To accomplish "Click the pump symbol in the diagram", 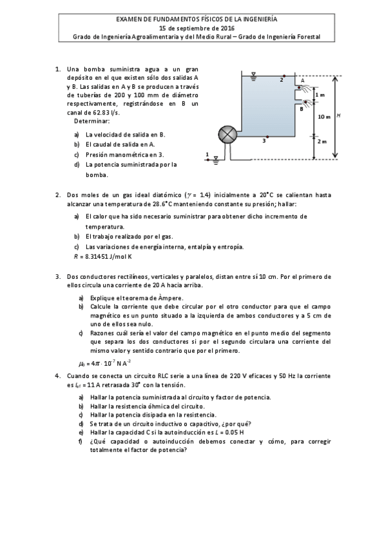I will (227, 134).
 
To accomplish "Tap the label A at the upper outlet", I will (302, 80).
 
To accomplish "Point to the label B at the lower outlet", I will (301, 109).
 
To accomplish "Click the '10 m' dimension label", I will (323, 117).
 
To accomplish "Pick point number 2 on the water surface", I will (282, 80).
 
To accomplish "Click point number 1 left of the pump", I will (207, 154).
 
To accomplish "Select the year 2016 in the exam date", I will (226, 28).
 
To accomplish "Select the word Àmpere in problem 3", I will (173, 297).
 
